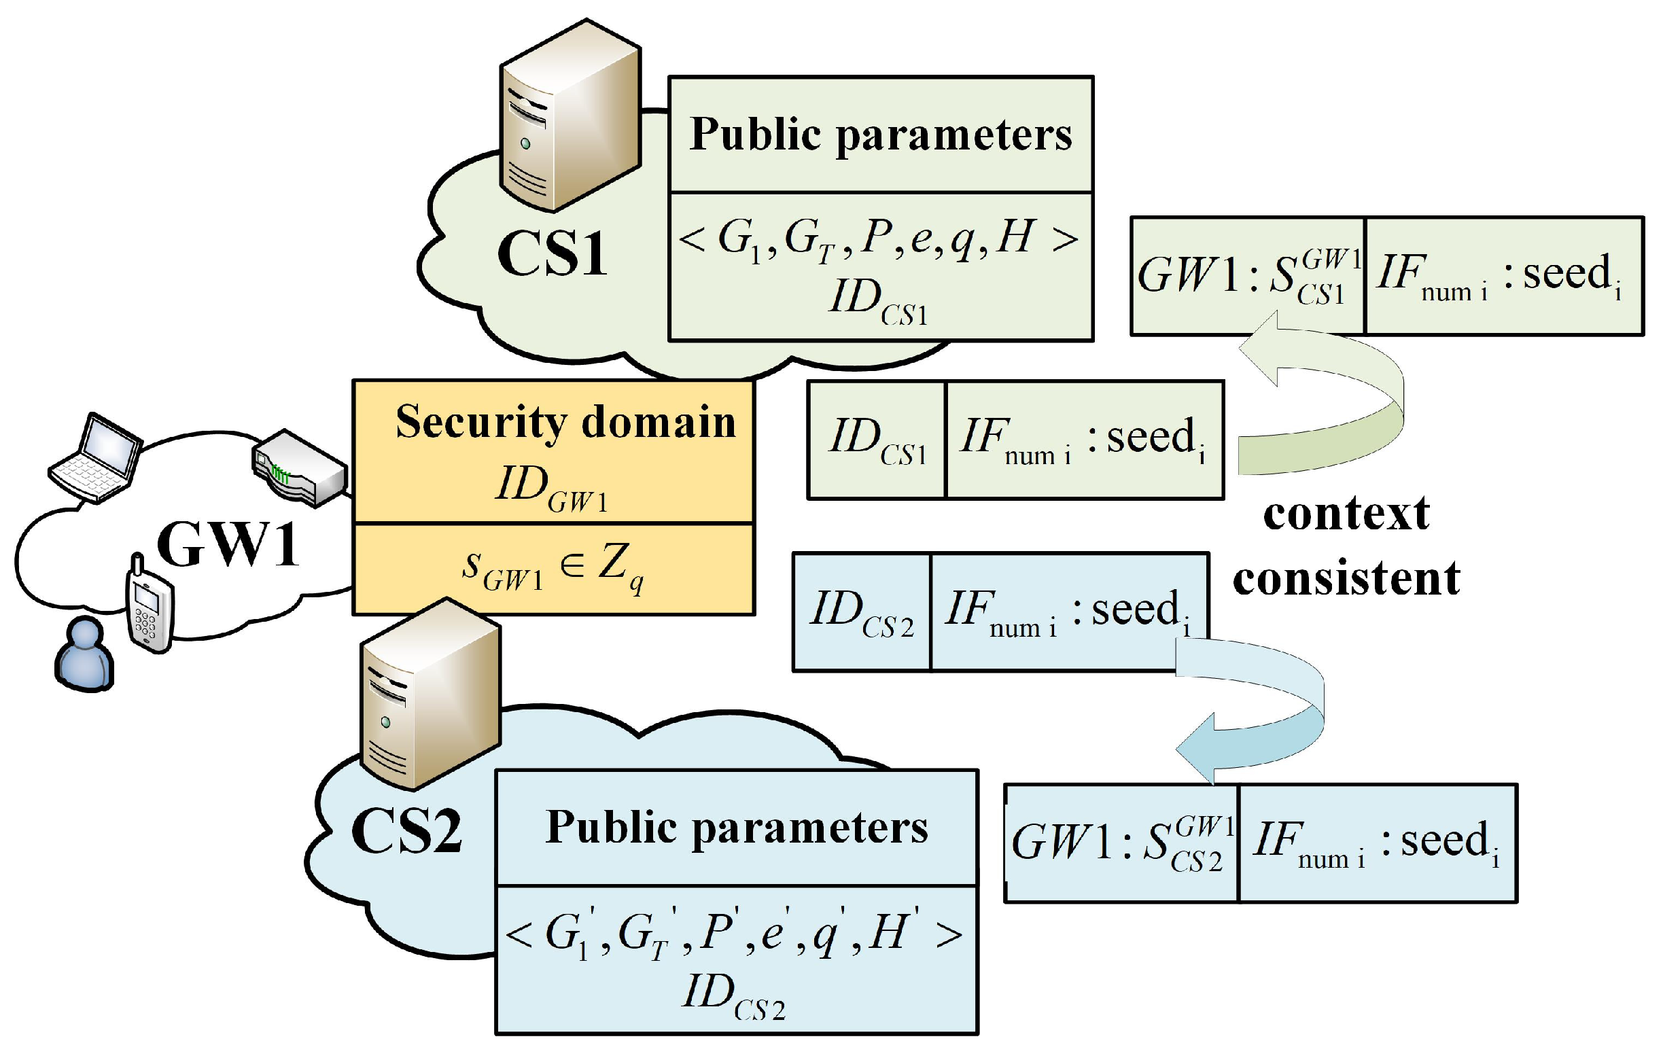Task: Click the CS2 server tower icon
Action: pyautogui.click(x=430, y=694)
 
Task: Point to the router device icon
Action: pyautogui.click(x=299, y=468)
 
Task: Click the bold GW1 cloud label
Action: pyautogui.click(x=228, y=545)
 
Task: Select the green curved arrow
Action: pyautogui.click(x=1333, y=408)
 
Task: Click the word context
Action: pyautogui.click(x=1346, y=514)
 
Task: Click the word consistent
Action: pyautogui.click(x=1346, y=578)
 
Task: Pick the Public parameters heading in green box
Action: pyautogui.click(x=881, y=134)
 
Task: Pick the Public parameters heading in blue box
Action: pyautogui.click(x=736, y=828)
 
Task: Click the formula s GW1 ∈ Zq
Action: pyautogui.click(x=553, y=567)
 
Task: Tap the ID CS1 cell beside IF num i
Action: pyautogui.click(x=877, y=440)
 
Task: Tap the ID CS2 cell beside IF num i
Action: pyautogui.click(x=861, y=612)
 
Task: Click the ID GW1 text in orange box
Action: pyautogui.click(x=551, y=488)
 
